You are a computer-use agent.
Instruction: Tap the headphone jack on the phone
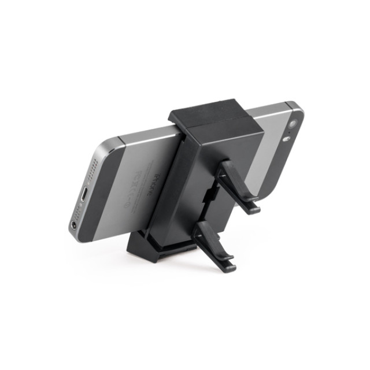[x=75, y=224]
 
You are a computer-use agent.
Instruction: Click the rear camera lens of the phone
[x=293, y=124]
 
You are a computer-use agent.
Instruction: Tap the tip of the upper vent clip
[x=254, y=208]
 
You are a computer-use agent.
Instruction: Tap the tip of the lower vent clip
[x=230, y=267]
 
